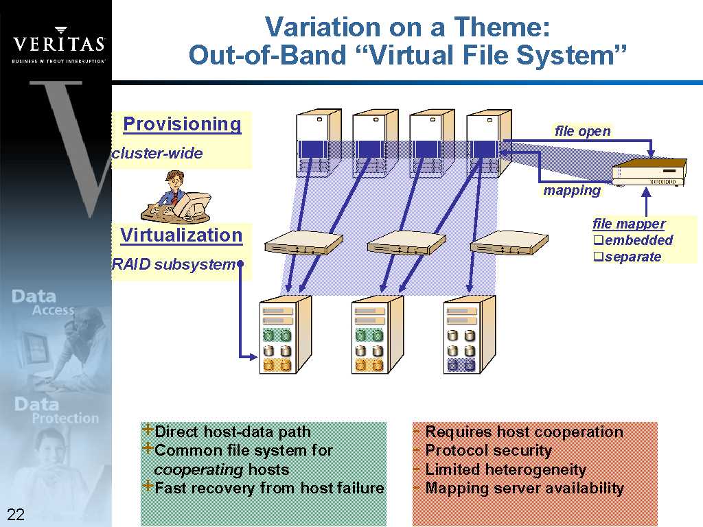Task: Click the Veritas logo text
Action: point(59,45)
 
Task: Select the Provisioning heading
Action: point(182,124)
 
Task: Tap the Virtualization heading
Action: point(181,235)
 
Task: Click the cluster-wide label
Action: point(158,153)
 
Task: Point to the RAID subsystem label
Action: point(173,264)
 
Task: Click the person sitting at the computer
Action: point(175,198)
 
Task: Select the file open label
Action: point(582,131)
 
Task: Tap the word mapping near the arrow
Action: point(572,190)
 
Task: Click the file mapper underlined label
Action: point(629,224)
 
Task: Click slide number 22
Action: point(16,515)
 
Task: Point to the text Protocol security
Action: point(488,451)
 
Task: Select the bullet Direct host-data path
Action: point(233,432)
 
